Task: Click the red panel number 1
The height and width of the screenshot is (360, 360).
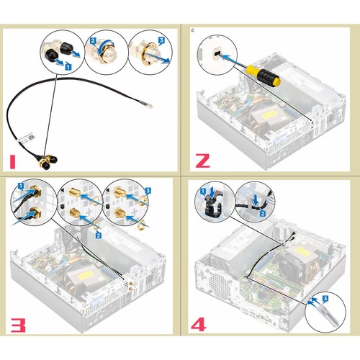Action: point(12,162)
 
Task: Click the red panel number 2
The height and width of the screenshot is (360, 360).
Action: point(203,161)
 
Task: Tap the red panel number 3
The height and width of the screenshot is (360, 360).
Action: point(18,325)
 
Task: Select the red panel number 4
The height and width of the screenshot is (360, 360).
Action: point(199,325)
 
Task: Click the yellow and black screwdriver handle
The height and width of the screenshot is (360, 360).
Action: point(264,75)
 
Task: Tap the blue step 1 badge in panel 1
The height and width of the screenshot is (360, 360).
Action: point(68,66)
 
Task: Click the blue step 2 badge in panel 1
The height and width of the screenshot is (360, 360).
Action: point(93,41)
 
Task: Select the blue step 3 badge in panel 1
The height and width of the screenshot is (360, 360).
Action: point(161,40)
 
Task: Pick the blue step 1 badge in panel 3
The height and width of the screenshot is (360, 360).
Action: point(21,186)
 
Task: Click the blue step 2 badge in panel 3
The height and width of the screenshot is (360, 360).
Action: point(98,235)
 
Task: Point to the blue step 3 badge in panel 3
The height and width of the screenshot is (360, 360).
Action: point(148,191)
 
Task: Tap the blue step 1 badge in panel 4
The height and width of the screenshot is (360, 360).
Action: point(203,192)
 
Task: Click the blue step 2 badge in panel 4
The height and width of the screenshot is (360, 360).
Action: point(263,213)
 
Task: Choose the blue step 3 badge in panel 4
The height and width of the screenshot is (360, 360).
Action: point(325,299)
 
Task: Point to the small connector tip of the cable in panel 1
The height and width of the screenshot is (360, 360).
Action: point(150,106)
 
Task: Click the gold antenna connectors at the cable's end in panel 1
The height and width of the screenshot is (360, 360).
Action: point(48,161)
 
